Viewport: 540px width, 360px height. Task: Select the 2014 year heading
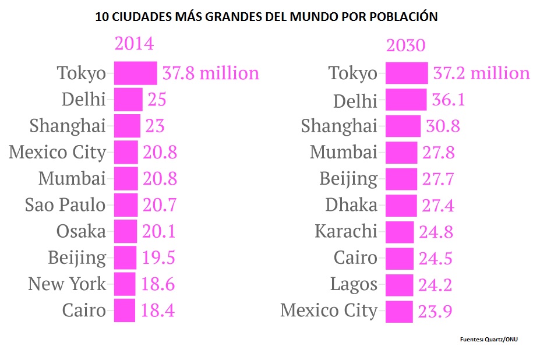tap(134, 44)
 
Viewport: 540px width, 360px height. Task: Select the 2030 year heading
tap(406, 45)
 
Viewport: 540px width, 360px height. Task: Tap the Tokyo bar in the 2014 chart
tap(135, 73)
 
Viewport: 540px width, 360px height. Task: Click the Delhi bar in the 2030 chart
tap(406, 100)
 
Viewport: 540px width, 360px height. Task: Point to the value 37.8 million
tap(210, 73)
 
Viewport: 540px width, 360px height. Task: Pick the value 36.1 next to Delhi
tap(448, 100)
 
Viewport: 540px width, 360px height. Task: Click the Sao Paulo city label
tap(65, 205)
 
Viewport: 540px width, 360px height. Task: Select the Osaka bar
tap(125, 231)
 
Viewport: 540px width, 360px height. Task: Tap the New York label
tap(67, 284)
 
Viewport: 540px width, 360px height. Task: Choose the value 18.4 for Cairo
tap(157, 310)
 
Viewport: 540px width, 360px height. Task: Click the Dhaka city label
tap(351, 205)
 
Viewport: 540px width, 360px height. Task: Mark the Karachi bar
tap(400, 231)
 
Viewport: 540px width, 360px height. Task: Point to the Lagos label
tap(354, 284)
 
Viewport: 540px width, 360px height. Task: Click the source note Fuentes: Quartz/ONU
tap(488, 339)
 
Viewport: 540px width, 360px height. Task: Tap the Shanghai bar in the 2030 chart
tap(403, 126)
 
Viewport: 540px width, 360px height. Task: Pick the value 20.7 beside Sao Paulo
tap(159, 205)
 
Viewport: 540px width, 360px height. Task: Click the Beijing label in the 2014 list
tap(77, 257)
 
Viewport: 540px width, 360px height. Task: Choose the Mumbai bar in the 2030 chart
tap(401, 153)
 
